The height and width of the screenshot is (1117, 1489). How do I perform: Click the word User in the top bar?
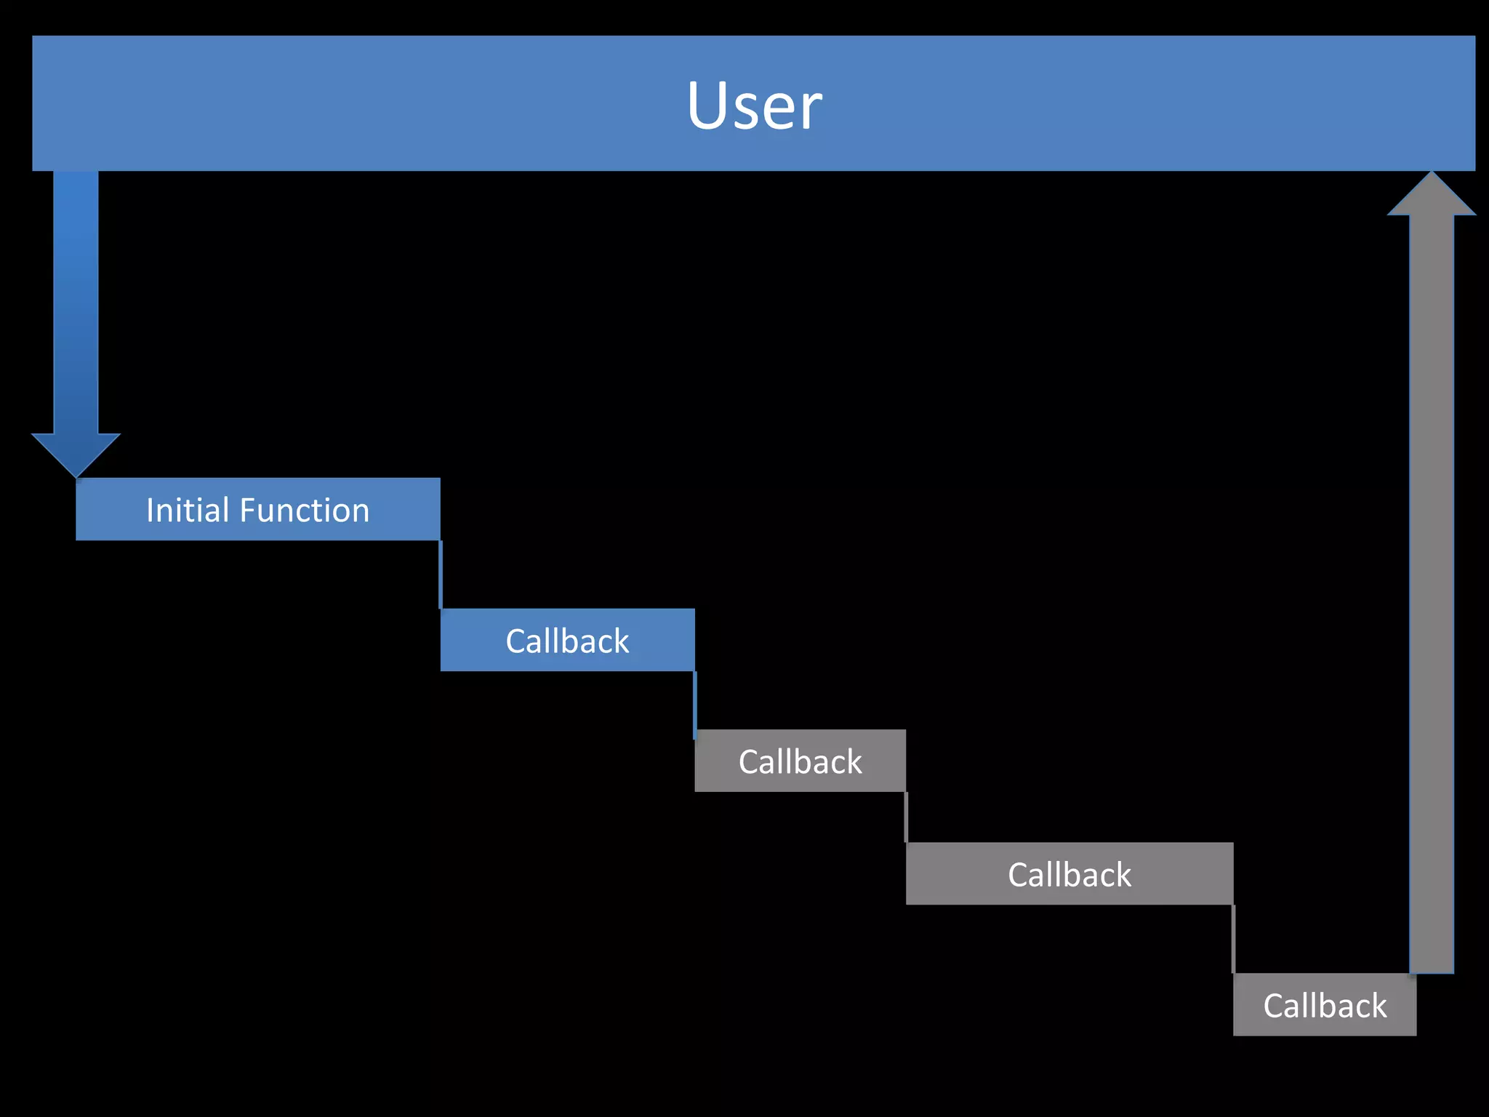(754, 106)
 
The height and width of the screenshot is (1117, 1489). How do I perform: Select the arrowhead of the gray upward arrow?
(1431, 196)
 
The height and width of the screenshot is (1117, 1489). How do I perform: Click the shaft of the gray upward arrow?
(1431, 582)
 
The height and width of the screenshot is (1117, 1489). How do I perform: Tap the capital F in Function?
(247, 510)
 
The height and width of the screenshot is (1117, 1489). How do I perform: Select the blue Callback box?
(567, 640)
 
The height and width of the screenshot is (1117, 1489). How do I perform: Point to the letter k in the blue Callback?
(622, 641)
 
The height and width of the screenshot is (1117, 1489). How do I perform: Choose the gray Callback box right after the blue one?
(800, 761)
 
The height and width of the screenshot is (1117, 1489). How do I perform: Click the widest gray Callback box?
(1069, 873)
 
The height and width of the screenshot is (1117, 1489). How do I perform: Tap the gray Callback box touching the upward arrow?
(1324, 1005)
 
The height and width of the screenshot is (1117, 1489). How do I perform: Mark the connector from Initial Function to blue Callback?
(441, 574)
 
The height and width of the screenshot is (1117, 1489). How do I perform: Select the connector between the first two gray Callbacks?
(906, 817)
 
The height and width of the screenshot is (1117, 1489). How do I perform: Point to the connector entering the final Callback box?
(1233, 939)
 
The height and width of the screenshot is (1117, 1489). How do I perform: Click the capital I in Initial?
(150, 510)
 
